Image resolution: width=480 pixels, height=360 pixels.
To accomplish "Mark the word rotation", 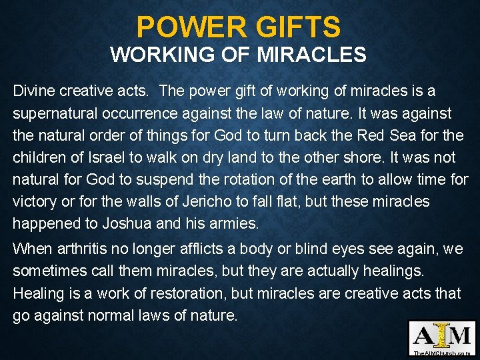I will click(x=245, y=179).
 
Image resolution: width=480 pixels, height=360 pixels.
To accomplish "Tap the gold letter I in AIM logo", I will click(x=443, y=335).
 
